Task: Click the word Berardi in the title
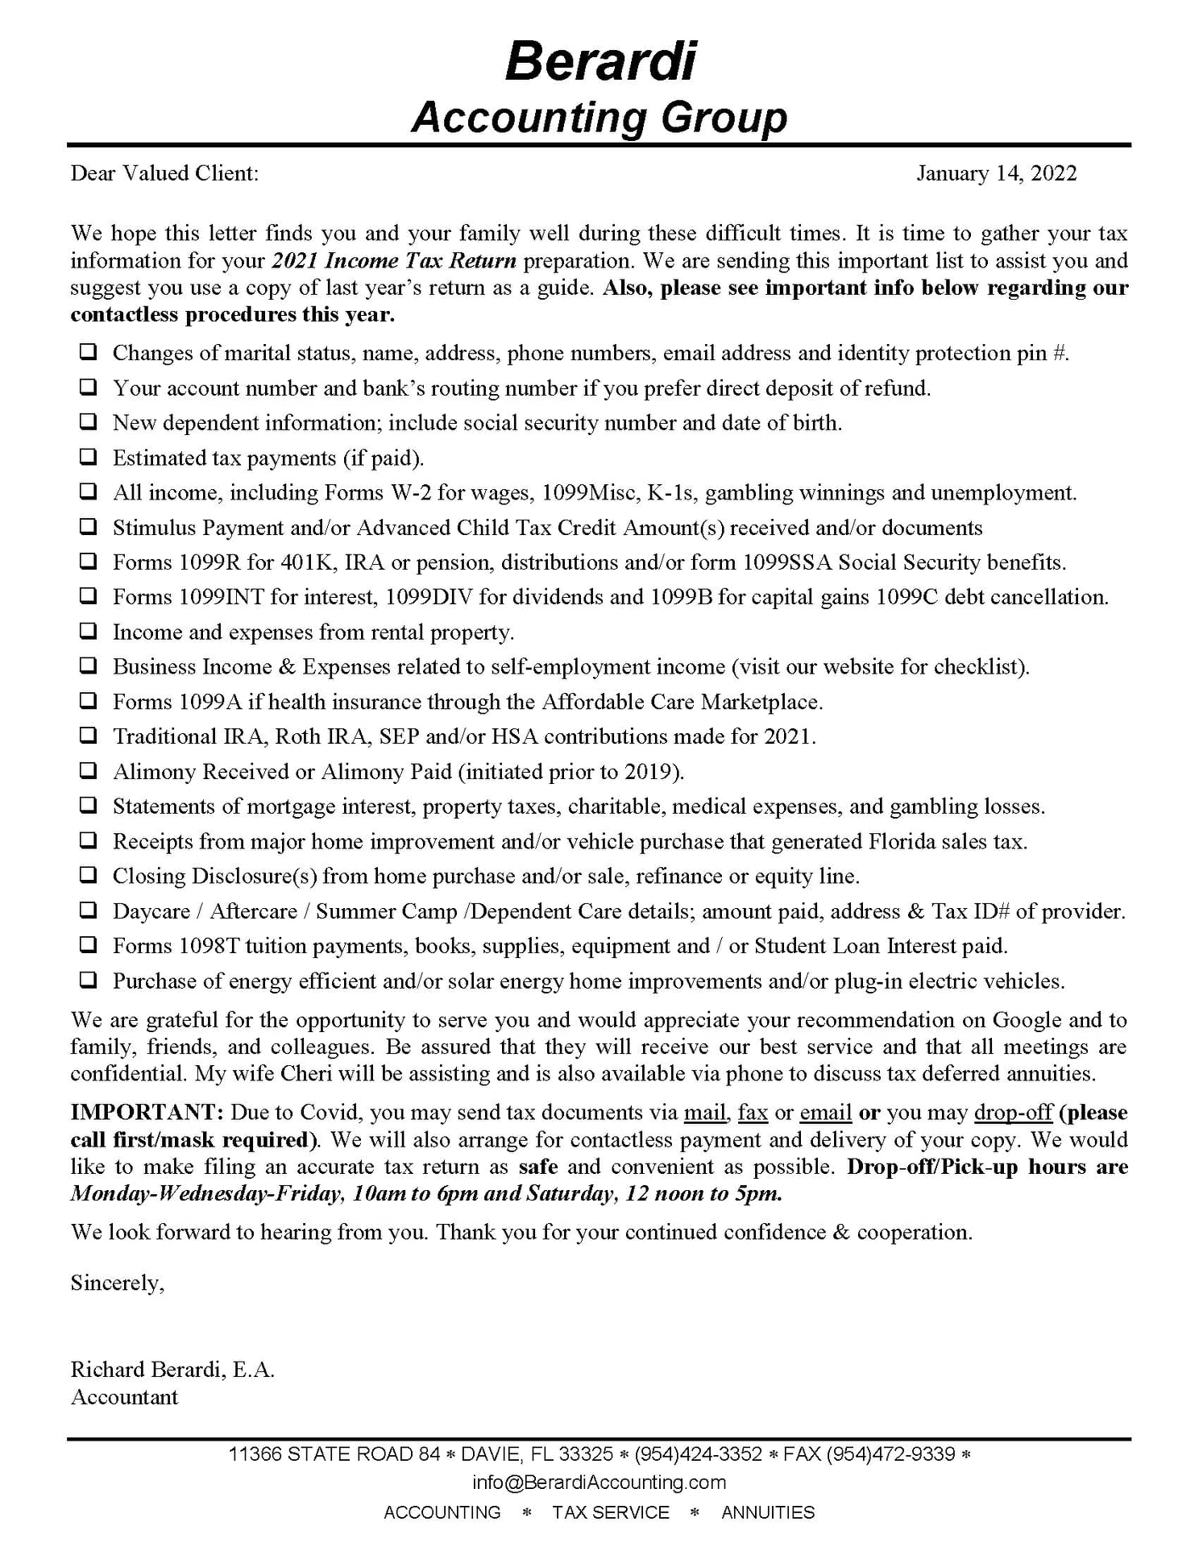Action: pos(600,61)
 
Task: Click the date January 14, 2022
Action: pos(996,174)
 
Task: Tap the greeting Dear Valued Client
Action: pos(164,174)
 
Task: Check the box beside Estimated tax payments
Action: pos(88,458)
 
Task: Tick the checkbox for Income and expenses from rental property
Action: pos(88,632)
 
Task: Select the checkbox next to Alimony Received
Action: pos(88,771)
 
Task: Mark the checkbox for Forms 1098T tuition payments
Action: pos(88,945)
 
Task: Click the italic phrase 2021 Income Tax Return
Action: pos(394,261)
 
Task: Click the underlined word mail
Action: pos(705,1113)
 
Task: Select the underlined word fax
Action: pos(753,1113)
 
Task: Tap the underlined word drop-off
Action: pos(1013,1113)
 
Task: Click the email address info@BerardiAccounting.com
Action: pos(599,1483)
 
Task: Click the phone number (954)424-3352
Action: pos(698,1454)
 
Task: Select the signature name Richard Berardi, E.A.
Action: pos(172,1370)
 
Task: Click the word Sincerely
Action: pos(117,1283)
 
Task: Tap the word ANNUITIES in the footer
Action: pos(768,1512)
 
